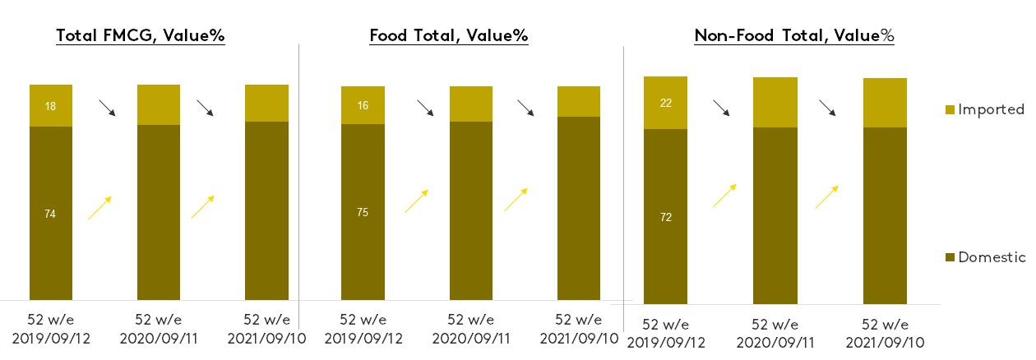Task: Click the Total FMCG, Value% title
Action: click(x=141, y=35)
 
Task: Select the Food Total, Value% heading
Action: click(x=449, y=35)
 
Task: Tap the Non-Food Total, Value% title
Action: click(x=794, y=35)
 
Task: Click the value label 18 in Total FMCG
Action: click(x=51, y=106)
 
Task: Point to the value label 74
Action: click(x=51, y=214)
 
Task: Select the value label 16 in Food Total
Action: click(x=363, y=105)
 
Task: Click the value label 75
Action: click(x=363, y=213)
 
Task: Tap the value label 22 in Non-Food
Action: click(x=665, y=102)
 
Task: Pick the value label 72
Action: click(x=665, y=217)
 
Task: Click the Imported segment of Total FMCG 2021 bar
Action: click(x=266, y=103)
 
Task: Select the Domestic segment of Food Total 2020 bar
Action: click(x=471, y=210)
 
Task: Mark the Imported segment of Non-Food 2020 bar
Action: click(x=776, y=102)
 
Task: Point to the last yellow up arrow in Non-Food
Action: click(x=827, y=197)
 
